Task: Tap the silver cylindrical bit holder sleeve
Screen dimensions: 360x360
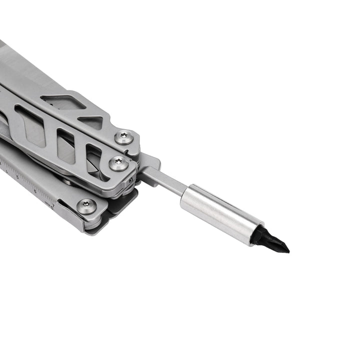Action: (x=220, y=213)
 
